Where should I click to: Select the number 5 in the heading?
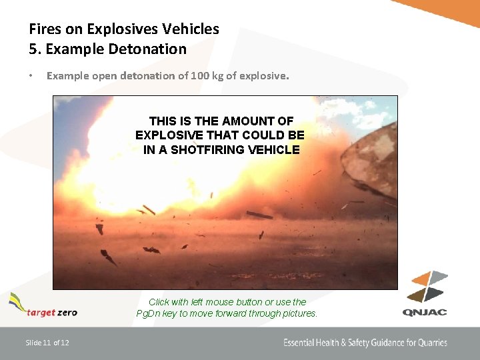click(x=33, y=49)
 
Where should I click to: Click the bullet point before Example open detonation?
click(x=31, y=76)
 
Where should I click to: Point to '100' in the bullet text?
click(x=200, y=76)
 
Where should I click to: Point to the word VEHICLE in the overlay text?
click(x=273, y=150)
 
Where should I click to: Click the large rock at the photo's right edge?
click(x=370, y=160)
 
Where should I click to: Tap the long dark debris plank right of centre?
click(x=259, y=215)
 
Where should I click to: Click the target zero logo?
click(x=43, y=306)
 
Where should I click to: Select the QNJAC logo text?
click(x=425, y=312)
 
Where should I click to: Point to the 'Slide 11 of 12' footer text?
click(x=47, y=343)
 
